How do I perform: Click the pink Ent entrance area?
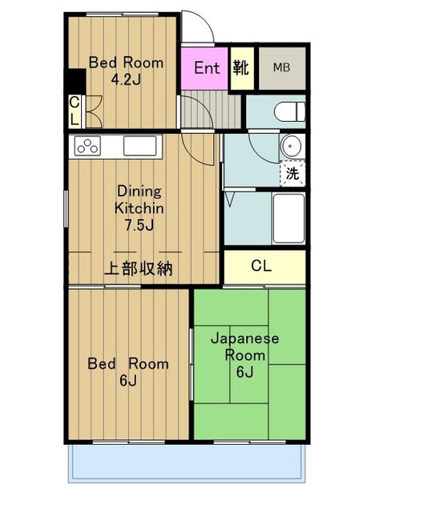[x=204, y=68]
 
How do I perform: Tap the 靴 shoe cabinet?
[x=242, y=68]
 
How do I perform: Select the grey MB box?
[x=282, y=68]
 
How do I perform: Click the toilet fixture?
[x=289, y=111]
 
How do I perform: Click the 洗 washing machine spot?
[x=293, y=173]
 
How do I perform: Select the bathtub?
[x=289, y=219]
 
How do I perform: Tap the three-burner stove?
[x=87, y=146]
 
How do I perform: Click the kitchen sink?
[x=139, y=146]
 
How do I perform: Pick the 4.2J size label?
[x=126, y=79]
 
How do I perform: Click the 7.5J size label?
[x=139, y=225]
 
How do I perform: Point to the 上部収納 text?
[x=138, y=269]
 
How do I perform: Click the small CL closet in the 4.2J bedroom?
[x=75, y=111]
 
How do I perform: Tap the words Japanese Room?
[x=245, y=347]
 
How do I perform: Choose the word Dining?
[x=139, y=192]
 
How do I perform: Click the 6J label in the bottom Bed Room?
[x=128, y=381]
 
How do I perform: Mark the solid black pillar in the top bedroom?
[x=75, y=80]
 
